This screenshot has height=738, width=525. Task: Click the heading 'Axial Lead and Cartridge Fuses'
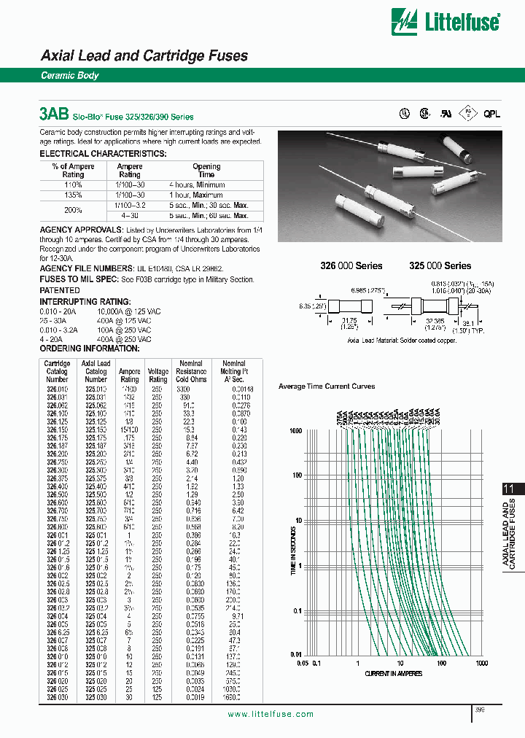click(x=144, y=55)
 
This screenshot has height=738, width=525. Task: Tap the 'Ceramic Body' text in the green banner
click(x=69, y=76)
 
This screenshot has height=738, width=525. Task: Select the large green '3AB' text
click(x=54, y=114)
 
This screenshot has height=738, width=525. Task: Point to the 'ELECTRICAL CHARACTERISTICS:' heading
click(x=102, y=154)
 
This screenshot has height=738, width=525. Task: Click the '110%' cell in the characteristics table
click(x=73, y=185)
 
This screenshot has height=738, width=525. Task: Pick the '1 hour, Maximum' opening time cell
click(x=206, y=195)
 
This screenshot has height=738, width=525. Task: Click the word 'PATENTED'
click(x=60, y=290)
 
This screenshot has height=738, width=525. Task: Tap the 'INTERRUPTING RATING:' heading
click(x=85, y=301)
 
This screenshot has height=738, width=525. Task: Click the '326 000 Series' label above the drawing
click(x=351, y=266)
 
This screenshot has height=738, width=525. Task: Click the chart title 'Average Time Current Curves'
click(x=327, y=386)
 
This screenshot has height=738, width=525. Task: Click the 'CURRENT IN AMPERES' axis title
click(x=393, y=673)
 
